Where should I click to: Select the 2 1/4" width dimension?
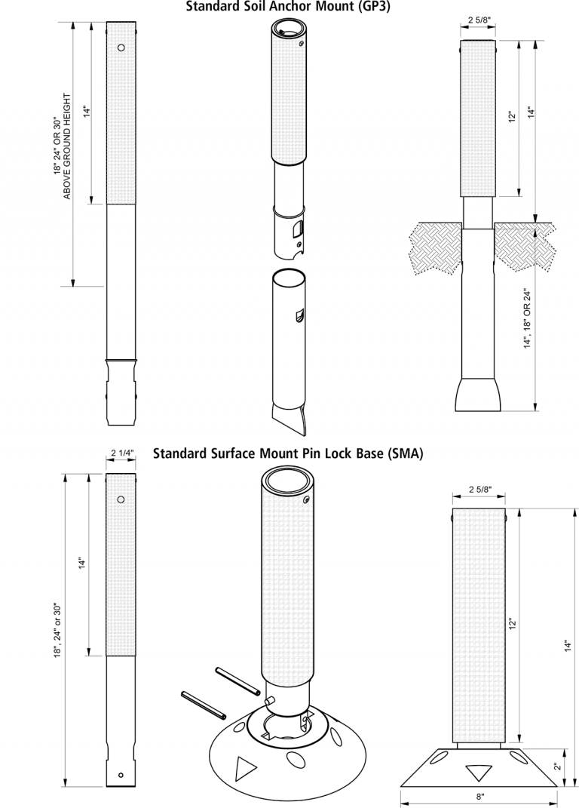tap(121, 453)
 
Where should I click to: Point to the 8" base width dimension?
tap(480, 795)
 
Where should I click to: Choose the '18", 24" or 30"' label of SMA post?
tap(57, 630)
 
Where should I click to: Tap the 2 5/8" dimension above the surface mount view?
tap(479, 490)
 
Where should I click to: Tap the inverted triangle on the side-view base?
tap(479, 773)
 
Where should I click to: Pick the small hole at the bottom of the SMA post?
tap(121, 775)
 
